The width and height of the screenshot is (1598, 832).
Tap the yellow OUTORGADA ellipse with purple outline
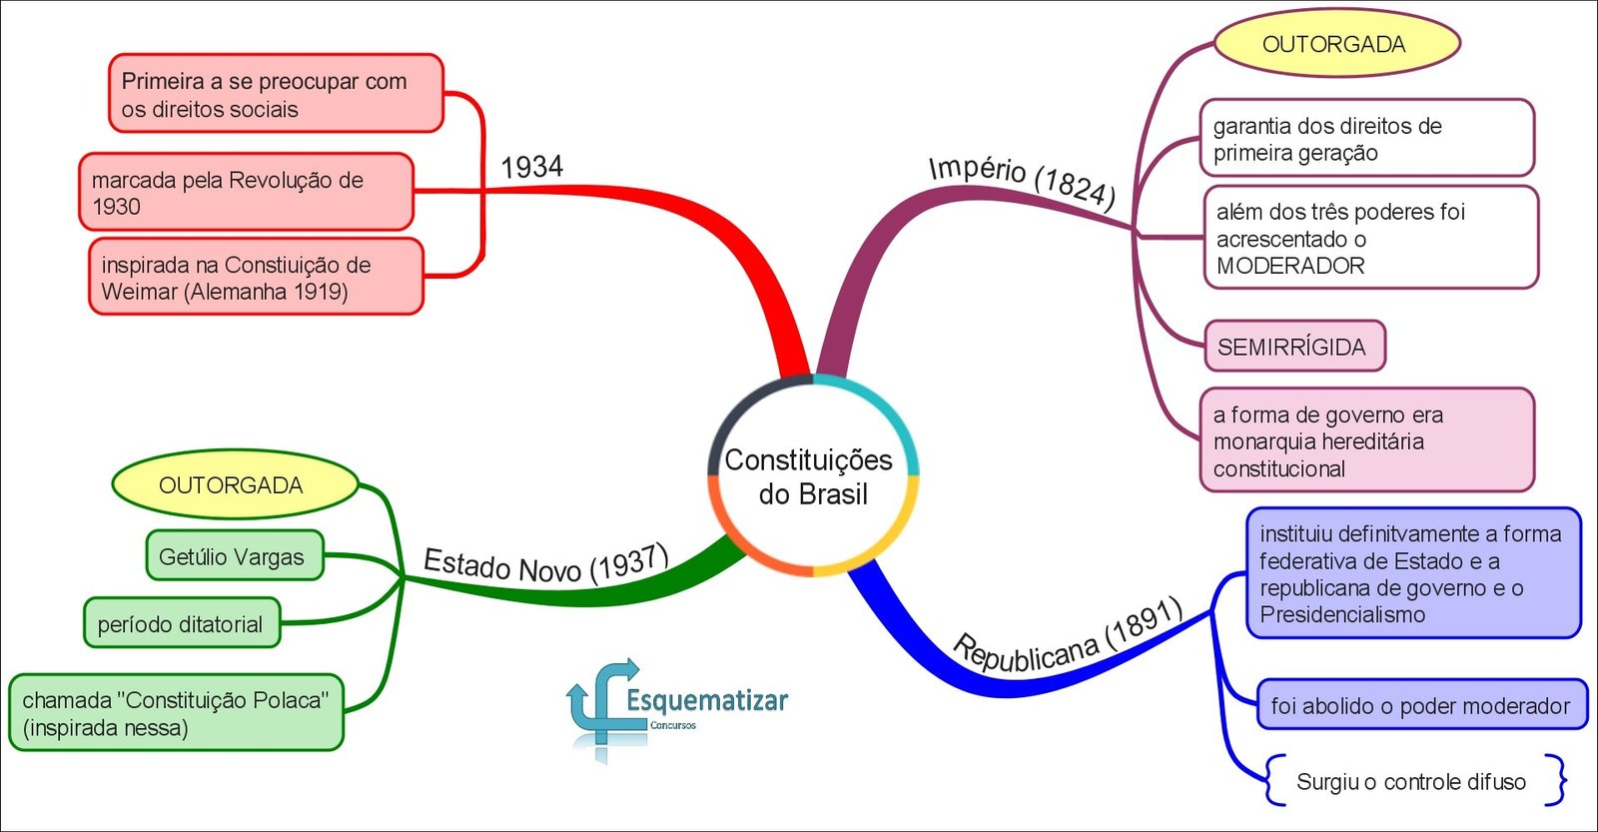pos(1336,44)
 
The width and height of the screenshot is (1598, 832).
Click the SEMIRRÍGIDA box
pos(1293,347)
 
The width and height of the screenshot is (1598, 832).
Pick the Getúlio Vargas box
pos(234,556)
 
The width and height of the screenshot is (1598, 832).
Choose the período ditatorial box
pos(181,623)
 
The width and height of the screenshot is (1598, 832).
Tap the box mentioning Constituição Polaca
pos(176,713)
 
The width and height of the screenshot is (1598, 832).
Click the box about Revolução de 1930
pos(246,193)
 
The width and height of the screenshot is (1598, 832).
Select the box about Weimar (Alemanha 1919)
pos(256,278)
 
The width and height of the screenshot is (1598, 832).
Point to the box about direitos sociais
pos(275,95)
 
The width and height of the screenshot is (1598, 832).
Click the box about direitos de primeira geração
pos(1365,139)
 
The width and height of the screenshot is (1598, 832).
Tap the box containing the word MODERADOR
pos(1369,238)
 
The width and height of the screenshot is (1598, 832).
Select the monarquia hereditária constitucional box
pos(1365,440)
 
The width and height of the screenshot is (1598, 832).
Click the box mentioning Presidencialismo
pos(1412,573)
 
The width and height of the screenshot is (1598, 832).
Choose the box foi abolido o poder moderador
pos(1420,705)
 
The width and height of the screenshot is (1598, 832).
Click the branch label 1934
pos(532,167)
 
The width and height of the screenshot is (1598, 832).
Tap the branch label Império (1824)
pos(1022,180)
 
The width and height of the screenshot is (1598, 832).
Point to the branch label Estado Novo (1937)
pos(545,565)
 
